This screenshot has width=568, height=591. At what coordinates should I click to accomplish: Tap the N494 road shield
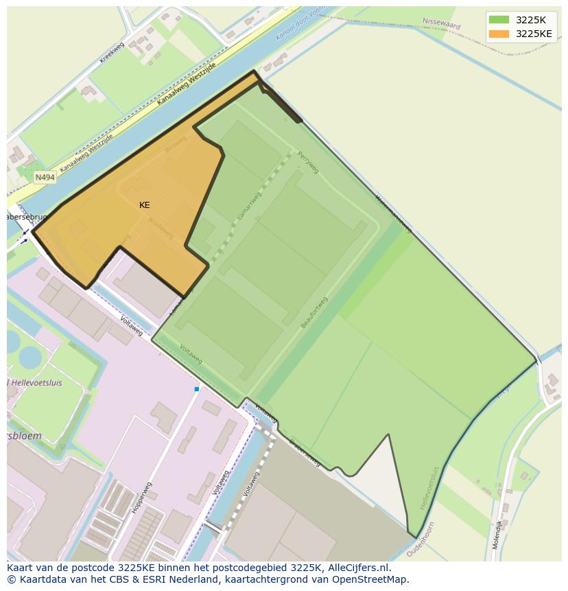click(x=45, y=177)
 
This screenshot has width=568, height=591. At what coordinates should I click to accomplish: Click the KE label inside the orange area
click(x=144, y=205)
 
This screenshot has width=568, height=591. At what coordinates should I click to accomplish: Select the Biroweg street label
click(x=175, y=144)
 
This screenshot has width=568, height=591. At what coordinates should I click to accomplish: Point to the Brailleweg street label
click(x=162, y=228)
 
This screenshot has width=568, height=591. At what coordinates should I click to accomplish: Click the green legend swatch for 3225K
click(x=499, y=19)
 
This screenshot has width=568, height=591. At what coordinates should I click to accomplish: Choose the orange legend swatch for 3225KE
click(x=499, y=33)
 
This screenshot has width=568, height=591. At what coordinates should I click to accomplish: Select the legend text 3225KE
click(x=534, y=33)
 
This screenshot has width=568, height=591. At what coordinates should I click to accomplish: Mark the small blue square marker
click(x=197, y=389)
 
